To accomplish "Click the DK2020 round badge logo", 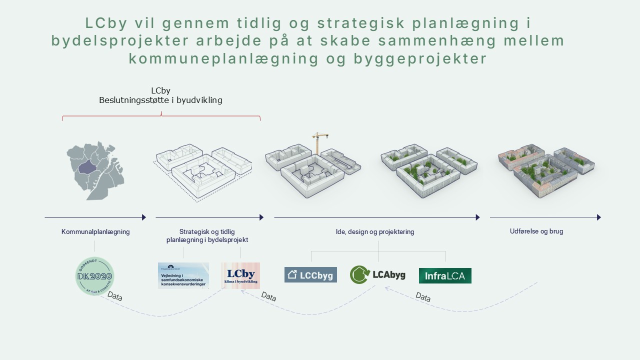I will (x=94, y=276).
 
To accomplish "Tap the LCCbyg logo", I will (x=310, y=275).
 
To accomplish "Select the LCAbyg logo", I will (x=378, y=274).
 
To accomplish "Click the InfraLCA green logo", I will (x=445, y=275).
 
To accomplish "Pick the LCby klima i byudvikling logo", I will (x=240, y=275).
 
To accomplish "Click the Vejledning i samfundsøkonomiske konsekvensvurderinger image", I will (x=183, y=275).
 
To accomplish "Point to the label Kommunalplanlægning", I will (x=95, y=232).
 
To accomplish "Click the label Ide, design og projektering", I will (x=375, y=232).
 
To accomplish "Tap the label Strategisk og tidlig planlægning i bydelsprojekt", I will (x=207, y=235).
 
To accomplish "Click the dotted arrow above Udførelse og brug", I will (x=545, y=217).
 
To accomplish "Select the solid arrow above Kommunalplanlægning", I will (x=95, y=217).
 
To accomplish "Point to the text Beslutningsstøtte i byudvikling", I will (x=160, y=100).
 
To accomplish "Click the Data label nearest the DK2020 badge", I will (x=115, y=297).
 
